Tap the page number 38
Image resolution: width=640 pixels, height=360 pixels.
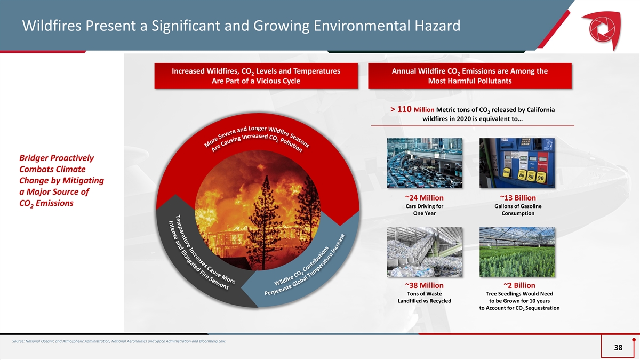pos(618,347)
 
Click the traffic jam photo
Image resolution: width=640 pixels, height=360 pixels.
pos(425,163)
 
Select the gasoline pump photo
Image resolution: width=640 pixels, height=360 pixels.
pos(517,163)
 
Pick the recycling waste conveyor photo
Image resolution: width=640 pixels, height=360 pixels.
pos(425,252)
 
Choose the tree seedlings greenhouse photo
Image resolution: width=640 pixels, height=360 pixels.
pos(517,252)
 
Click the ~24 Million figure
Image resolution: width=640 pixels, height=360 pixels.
pos(425,198)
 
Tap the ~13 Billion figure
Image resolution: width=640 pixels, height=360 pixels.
pos(518,198)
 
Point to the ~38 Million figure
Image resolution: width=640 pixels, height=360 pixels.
pos(425,285)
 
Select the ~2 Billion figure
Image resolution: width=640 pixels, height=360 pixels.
pos(519,285)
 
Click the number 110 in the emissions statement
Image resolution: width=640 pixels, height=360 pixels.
pos(404,109)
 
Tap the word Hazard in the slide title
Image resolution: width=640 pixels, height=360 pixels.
pos(438,26)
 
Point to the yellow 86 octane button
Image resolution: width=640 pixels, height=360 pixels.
pos(522,175)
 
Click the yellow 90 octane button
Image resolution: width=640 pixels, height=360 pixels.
pos(541,177)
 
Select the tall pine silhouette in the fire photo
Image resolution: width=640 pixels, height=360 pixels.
pos(265,220)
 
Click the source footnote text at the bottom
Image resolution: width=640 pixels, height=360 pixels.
pos(119,341)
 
